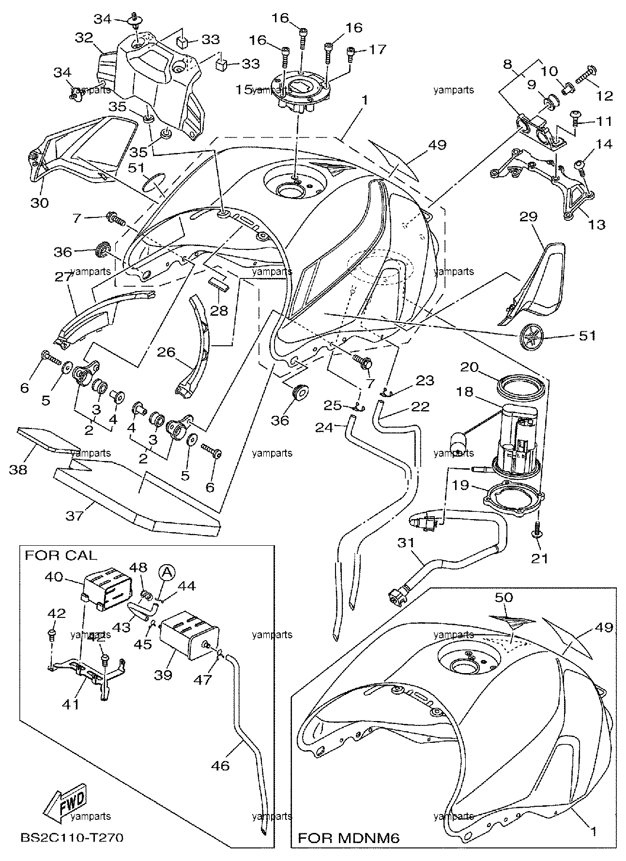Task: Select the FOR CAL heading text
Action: [x=61, y=555]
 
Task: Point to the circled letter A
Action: [x=167, y=572]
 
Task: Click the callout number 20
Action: [x=469, y=368]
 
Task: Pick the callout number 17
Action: [x=378, y=49]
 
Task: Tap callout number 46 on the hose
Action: [x=220, y=766]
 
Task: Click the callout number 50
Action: [x=504, y=597]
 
